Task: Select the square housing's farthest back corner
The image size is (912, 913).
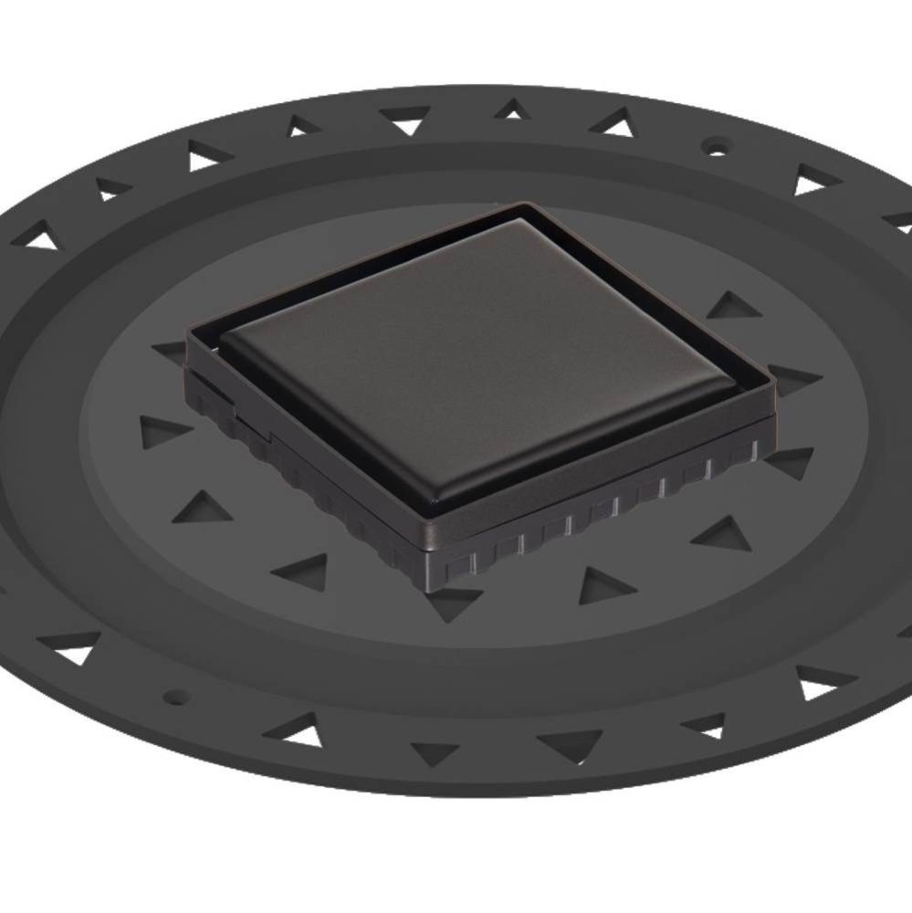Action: pos(525,207)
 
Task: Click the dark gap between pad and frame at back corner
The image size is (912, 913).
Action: pos(523,217)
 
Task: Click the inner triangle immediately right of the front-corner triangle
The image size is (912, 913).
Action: pos(603,584)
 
